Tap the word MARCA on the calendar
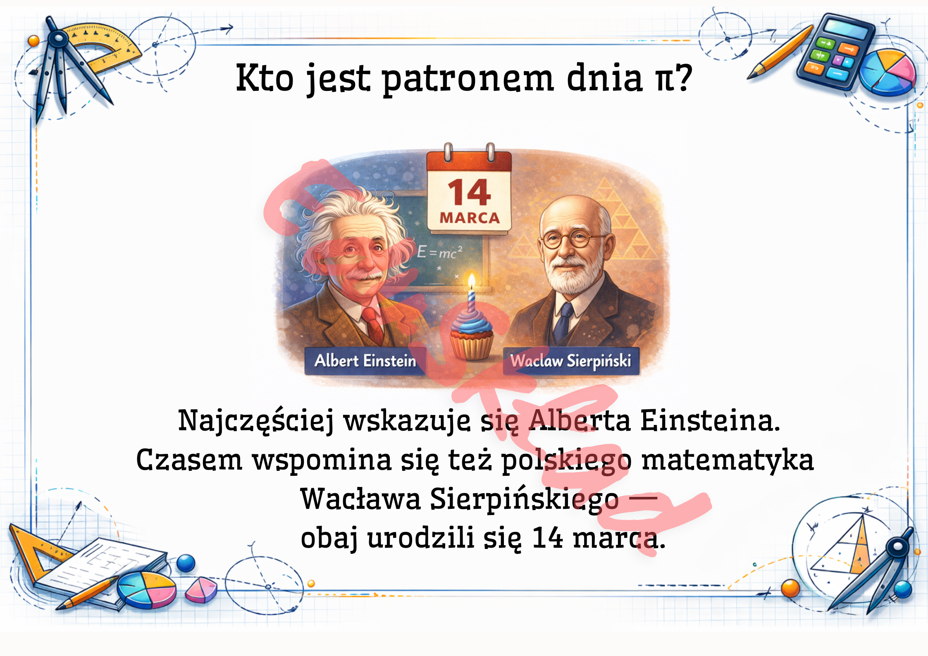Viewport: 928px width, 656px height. (470, 218)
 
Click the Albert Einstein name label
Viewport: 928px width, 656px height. (365, 361)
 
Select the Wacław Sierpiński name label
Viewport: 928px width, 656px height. (571, 361)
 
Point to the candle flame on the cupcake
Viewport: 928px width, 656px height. (471, 281)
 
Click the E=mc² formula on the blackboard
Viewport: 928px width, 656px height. (439, 252)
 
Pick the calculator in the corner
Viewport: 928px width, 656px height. (835, 52)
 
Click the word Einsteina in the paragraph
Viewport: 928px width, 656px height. (710, 420)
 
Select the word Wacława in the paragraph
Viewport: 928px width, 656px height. (360, 499)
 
